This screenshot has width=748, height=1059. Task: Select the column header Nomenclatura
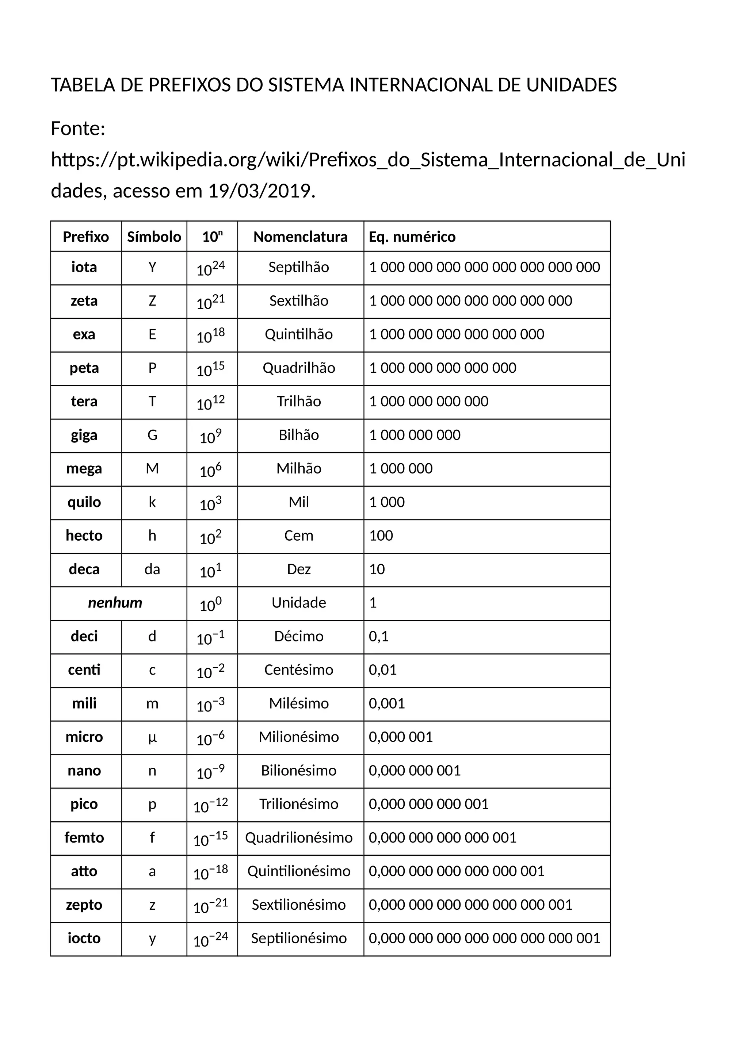pyautogui.click(x=300, y=237)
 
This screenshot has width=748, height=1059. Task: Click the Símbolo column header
pyautogui.click(x=154, y=237)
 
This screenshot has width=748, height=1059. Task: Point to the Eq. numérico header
pyautogui.click(x=412, y=237)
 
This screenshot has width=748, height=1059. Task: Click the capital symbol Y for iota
pyautogui.click(x=152, y=268)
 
